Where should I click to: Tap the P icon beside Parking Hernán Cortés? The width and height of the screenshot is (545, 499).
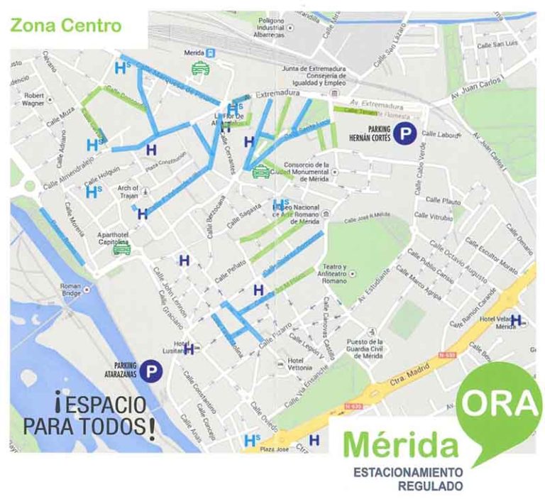[x=406, y=133]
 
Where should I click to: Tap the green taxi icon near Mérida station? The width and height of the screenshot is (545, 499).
[x=200, y=68]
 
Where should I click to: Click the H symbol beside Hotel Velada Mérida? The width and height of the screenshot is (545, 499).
[x=516, y=319]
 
